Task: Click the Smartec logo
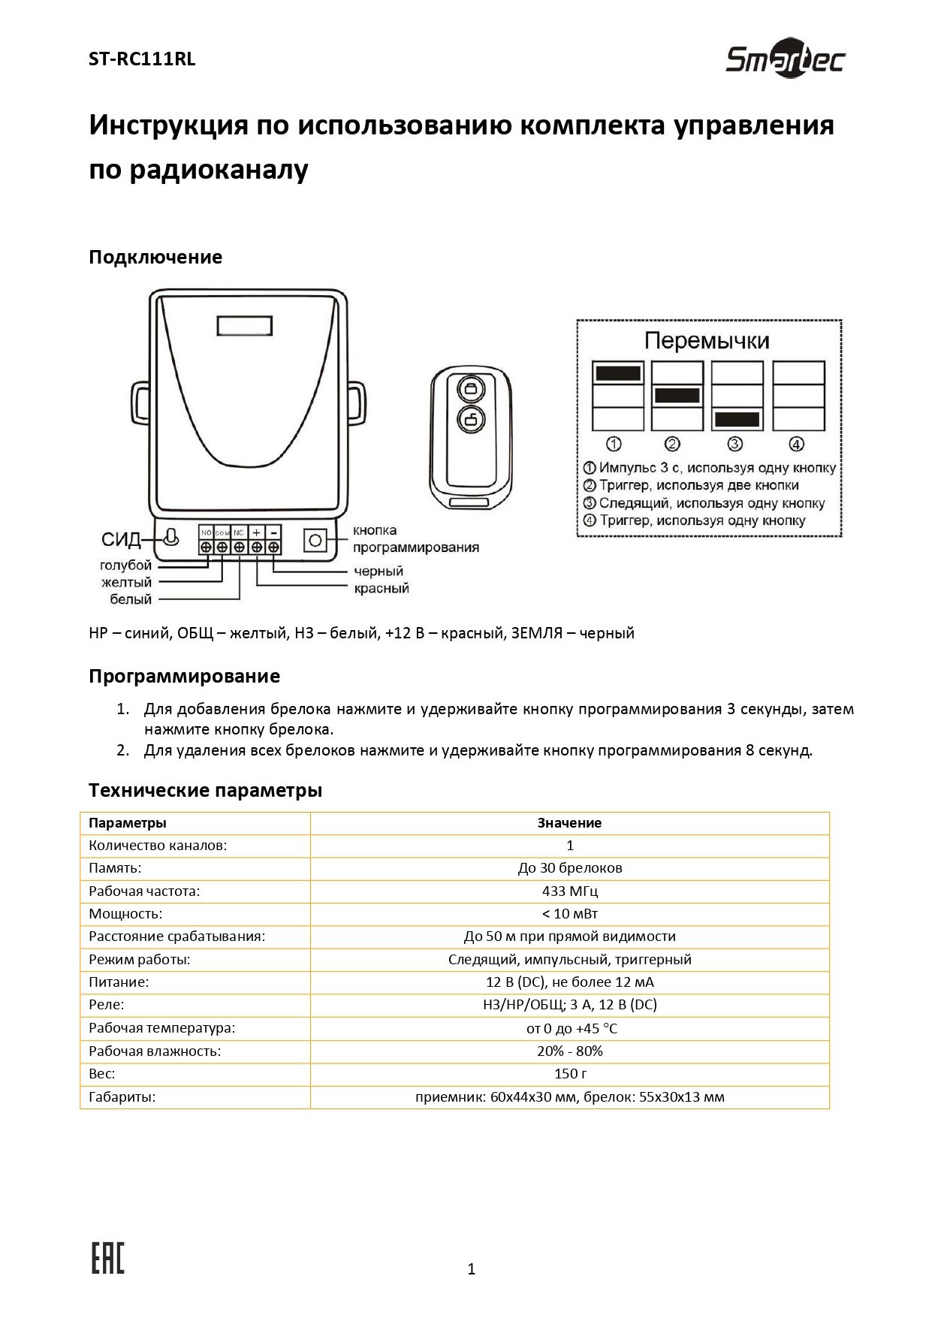click(785, 59)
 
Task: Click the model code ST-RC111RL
click(142, 59)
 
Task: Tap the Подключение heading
click(155, 257)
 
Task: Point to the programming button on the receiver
click(315, 540)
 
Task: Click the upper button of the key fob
click(471, 389)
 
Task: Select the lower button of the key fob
click(471, 419)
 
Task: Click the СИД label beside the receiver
click(121, 540)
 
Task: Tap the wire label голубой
click(125, 565)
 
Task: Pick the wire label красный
click(382, 588)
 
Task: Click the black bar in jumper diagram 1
click(617, 372)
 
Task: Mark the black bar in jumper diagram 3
click(737, 419)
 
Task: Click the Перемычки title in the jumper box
click(707, 341)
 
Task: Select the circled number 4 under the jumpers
click(797, 444)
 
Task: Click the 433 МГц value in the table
click(570, 891)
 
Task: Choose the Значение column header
click(569, 823)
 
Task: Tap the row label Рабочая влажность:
click(155, 1051)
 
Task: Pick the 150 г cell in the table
click(570, 1074)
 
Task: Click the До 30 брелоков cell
click(570, 868)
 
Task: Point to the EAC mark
click(107, 1259)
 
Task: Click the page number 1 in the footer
click(472, 1269)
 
